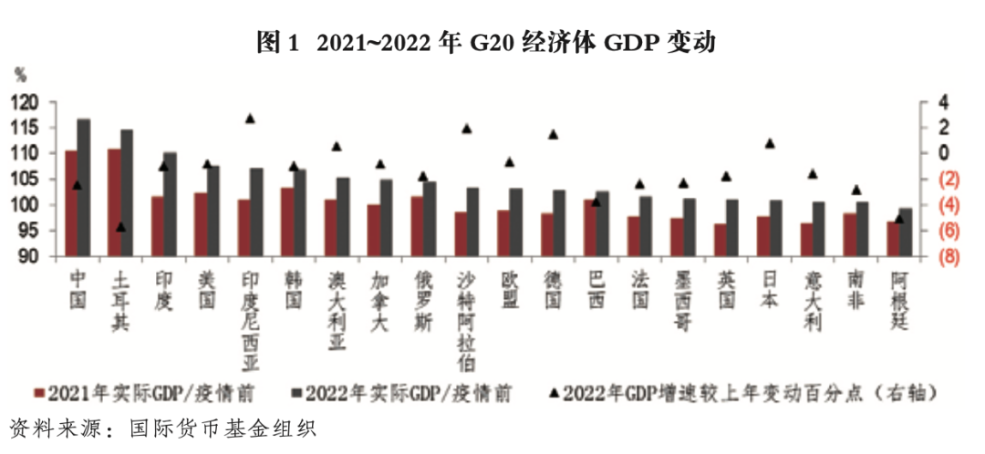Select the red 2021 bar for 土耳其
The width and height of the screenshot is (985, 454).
click(x=114, y=202)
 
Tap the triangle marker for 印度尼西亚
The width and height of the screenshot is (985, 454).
click(x=250, y=119)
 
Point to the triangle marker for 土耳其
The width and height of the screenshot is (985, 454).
click(x=121, y=226)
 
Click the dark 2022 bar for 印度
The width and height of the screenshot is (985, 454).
click(x=170, y=204)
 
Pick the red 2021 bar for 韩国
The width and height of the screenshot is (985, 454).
click(x=286, y=222)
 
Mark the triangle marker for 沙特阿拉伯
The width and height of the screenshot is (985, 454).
click(x=467, y=129)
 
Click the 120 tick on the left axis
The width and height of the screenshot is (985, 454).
click(x=26, y=102)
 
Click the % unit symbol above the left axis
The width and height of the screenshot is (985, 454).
click(x=20, y=72)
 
